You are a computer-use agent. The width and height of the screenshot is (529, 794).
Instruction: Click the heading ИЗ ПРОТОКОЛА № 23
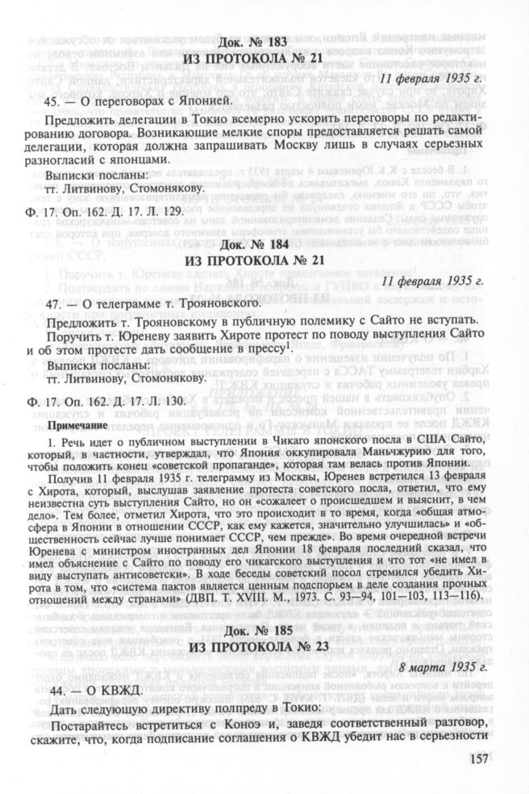(264, 651)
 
